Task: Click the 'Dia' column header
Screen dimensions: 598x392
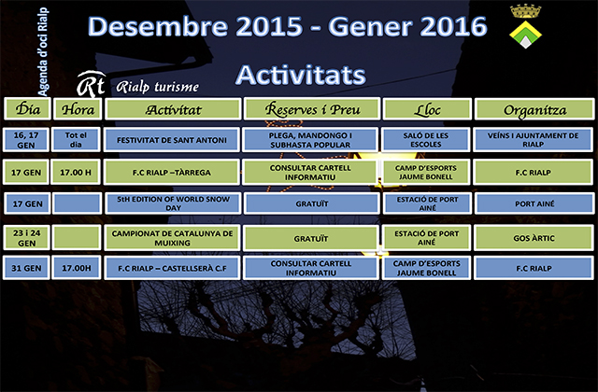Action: point(27,109)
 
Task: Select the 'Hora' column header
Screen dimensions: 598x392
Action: point(78,109)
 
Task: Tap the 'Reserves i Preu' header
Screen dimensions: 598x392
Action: point(311,109)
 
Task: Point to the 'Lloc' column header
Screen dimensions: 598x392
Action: point(427,109)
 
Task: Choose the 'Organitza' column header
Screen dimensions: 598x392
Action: point(534,109)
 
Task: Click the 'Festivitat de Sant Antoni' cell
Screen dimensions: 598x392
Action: point(172,140)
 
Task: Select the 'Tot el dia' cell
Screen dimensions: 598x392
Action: point(76,140)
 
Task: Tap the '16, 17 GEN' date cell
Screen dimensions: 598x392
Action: point(26,140)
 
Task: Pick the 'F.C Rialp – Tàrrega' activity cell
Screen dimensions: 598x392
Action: point(172,172)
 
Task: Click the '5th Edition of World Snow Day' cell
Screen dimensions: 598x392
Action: point(173,203)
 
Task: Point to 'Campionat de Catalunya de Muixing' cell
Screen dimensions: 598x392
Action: point(172,238)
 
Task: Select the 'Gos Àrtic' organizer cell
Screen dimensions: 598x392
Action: point(534,238)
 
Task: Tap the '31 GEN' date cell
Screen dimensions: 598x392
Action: point(26,268)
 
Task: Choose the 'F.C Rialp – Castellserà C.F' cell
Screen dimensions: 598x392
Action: point(172,268)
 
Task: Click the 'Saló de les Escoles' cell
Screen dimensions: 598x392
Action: point(426,140)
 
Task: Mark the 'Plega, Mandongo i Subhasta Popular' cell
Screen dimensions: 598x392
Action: point(310,140)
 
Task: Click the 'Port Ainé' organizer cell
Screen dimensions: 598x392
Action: point(534,203)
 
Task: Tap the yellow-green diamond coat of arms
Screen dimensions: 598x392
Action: point(525,35)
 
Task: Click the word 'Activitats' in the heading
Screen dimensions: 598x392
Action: point(301,75)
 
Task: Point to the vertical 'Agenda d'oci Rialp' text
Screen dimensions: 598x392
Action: point(43,52)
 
